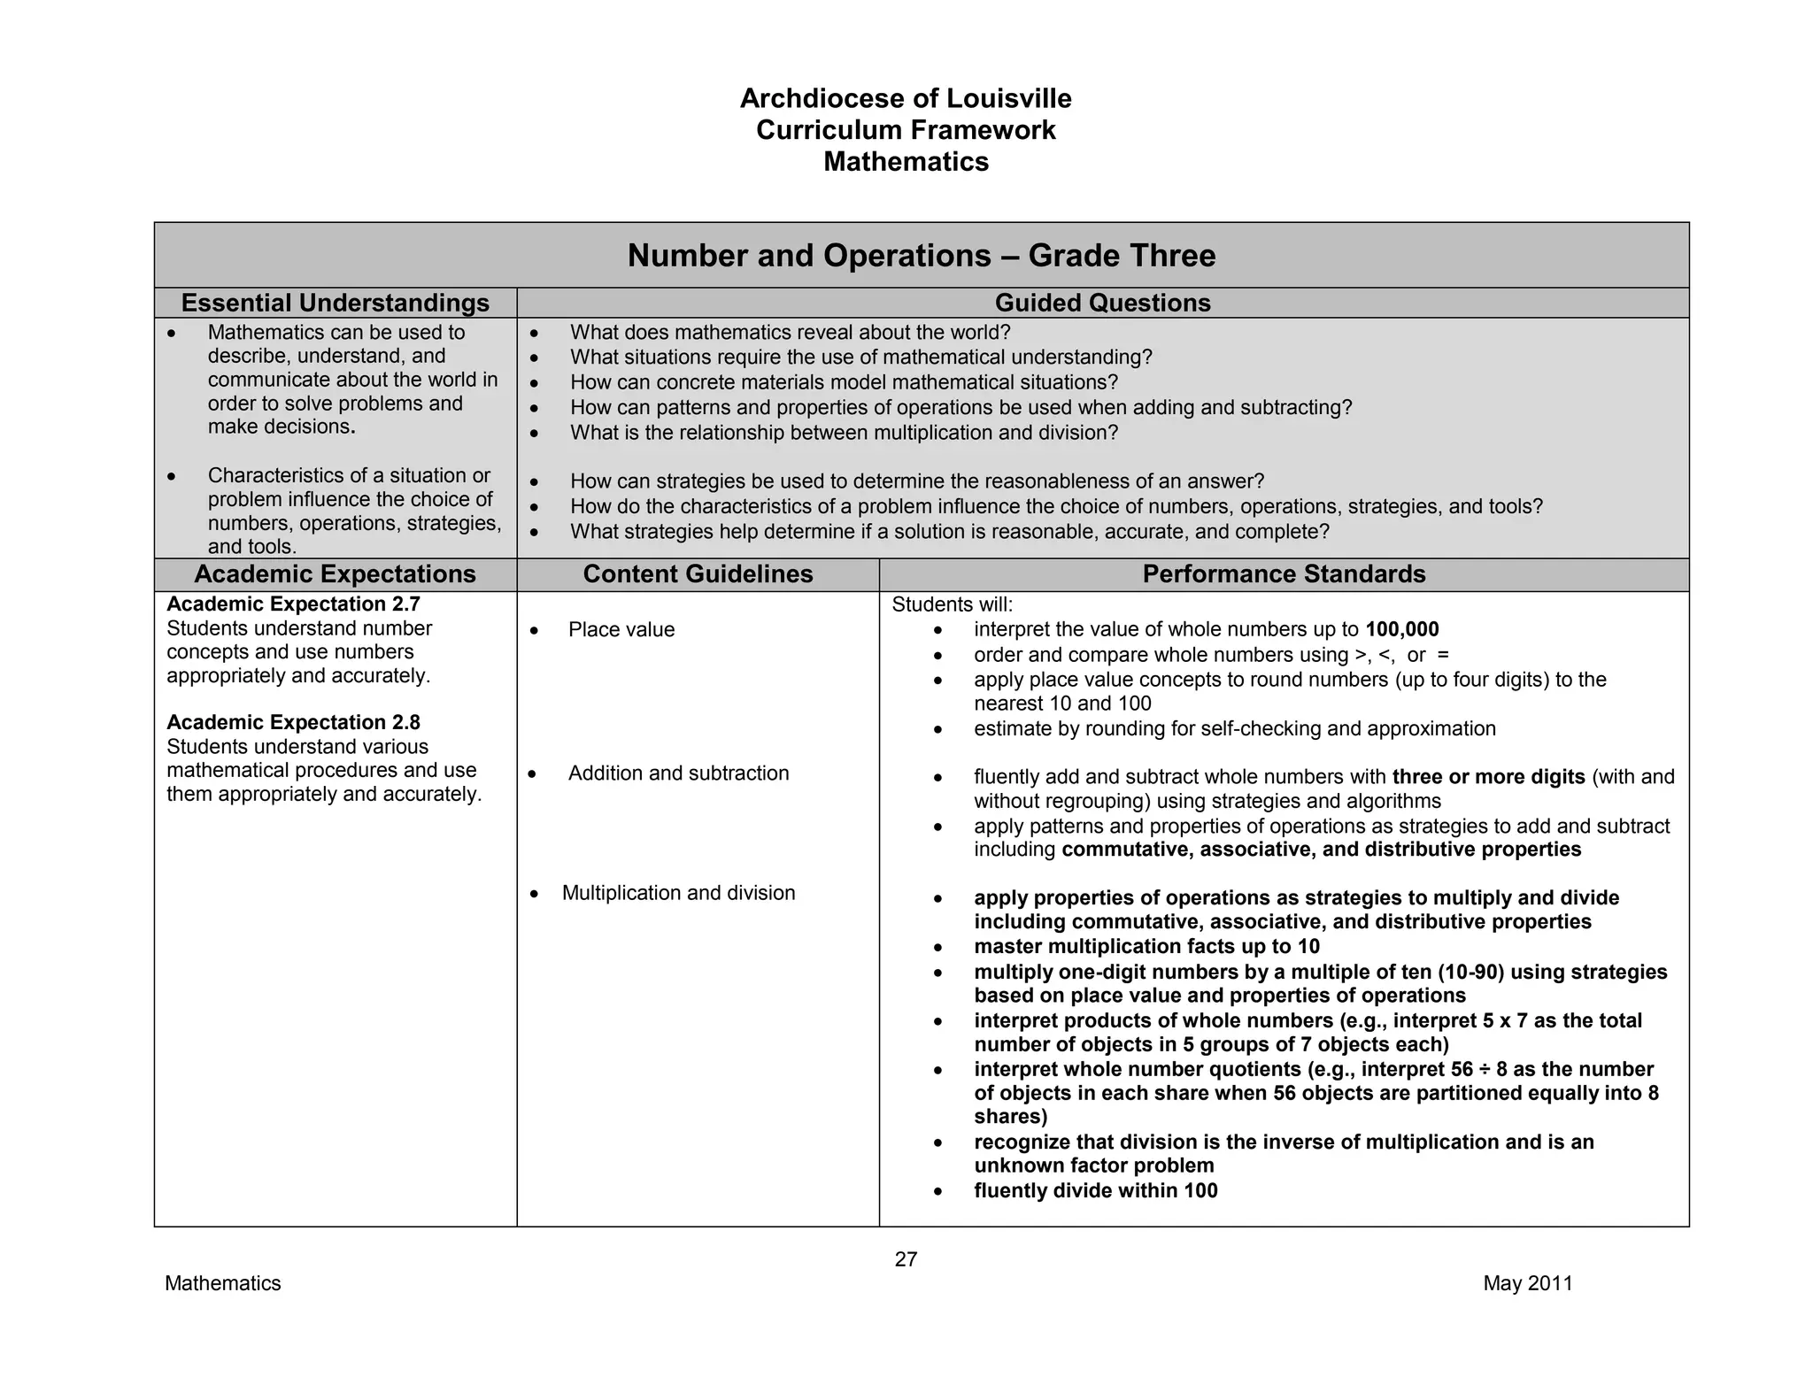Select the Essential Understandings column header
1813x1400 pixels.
[x=335, y=303]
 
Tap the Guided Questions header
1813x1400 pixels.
[x=1102, y=303]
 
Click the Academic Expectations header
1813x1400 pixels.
[x=335, y=574]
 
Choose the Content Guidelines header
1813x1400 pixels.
[x=698, y=574]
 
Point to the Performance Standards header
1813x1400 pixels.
[x=1284, y=574]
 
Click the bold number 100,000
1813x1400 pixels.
[x=1402, y=629]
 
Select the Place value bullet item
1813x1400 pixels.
[x=621, y=629]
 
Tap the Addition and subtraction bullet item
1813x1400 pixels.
[x=678, y=773]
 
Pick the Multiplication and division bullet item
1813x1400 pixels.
[x=678, y=893]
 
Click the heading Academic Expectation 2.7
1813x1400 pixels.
[x=293, y=604]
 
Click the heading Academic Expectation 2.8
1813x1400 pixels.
[x=293, y=722]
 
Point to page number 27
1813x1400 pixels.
[x=906, y=1259]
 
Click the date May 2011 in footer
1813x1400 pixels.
[x=1528, y=1283]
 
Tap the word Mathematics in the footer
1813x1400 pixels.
[x=222, y=1283]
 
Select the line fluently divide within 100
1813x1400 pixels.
[x=1095, y=1190]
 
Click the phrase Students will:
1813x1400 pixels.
[x=952, y=604]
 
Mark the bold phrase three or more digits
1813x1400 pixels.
[x=1488, y=777]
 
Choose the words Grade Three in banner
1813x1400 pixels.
[x=1122, y=256]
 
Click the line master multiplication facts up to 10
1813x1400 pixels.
[x=1146, y=946]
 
